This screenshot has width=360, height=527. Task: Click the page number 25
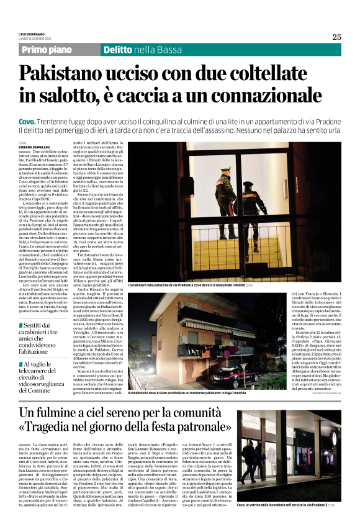click(336, 37)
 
